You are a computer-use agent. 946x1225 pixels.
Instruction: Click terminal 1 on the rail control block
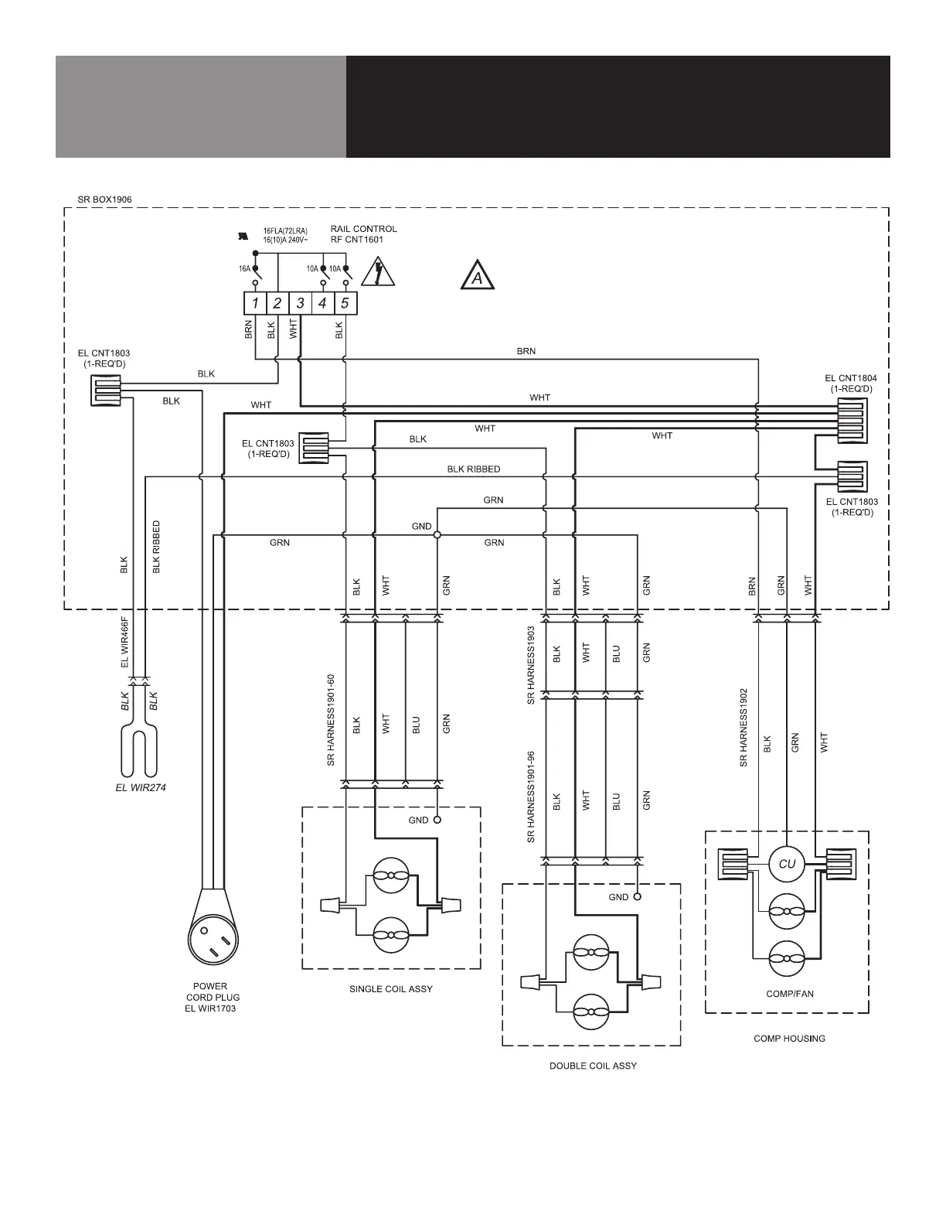(255, 303)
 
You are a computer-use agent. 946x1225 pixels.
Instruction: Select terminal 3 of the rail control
(300, 303)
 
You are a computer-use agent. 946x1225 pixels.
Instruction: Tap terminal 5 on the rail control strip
(345, 303)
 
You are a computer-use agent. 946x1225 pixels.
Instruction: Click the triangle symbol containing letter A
(478, 277)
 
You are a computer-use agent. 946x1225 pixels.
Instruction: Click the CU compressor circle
(787, 864)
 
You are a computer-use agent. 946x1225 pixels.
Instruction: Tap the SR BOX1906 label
(104, 200)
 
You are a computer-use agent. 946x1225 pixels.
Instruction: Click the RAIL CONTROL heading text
(363, 229)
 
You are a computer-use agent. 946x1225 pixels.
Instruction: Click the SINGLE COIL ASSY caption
(391, 989)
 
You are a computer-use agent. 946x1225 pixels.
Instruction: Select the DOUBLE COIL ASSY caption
(593, 1066)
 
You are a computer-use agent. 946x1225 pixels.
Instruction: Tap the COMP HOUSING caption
(789, 1038)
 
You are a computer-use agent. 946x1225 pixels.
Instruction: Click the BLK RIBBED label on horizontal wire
(473, 469)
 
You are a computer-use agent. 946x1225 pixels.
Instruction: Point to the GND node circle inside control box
(437, 534)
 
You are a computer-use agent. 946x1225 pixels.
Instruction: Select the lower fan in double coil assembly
(591, 1012)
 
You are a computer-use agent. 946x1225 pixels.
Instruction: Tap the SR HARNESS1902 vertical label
(744, 728)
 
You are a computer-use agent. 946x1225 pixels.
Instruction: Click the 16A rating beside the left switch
(244, 268)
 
